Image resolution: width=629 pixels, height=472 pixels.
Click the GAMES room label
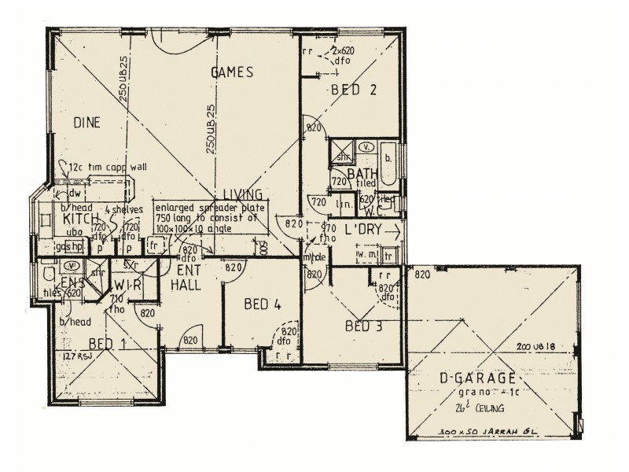click(232, 72)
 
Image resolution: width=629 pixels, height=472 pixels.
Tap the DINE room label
click(89, 122)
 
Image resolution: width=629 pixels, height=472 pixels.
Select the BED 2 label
click(354, 90)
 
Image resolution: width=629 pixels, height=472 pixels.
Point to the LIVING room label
click(241, 194)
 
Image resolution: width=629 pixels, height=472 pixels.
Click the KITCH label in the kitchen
click(80, 219)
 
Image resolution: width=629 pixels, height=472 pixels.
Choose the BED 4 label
click(263, 304)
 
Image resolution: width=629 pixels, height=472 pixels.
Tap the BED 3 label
click(363, 326)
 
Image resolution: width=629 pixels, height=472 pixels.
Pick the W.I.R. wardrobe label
click(126, 285)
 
